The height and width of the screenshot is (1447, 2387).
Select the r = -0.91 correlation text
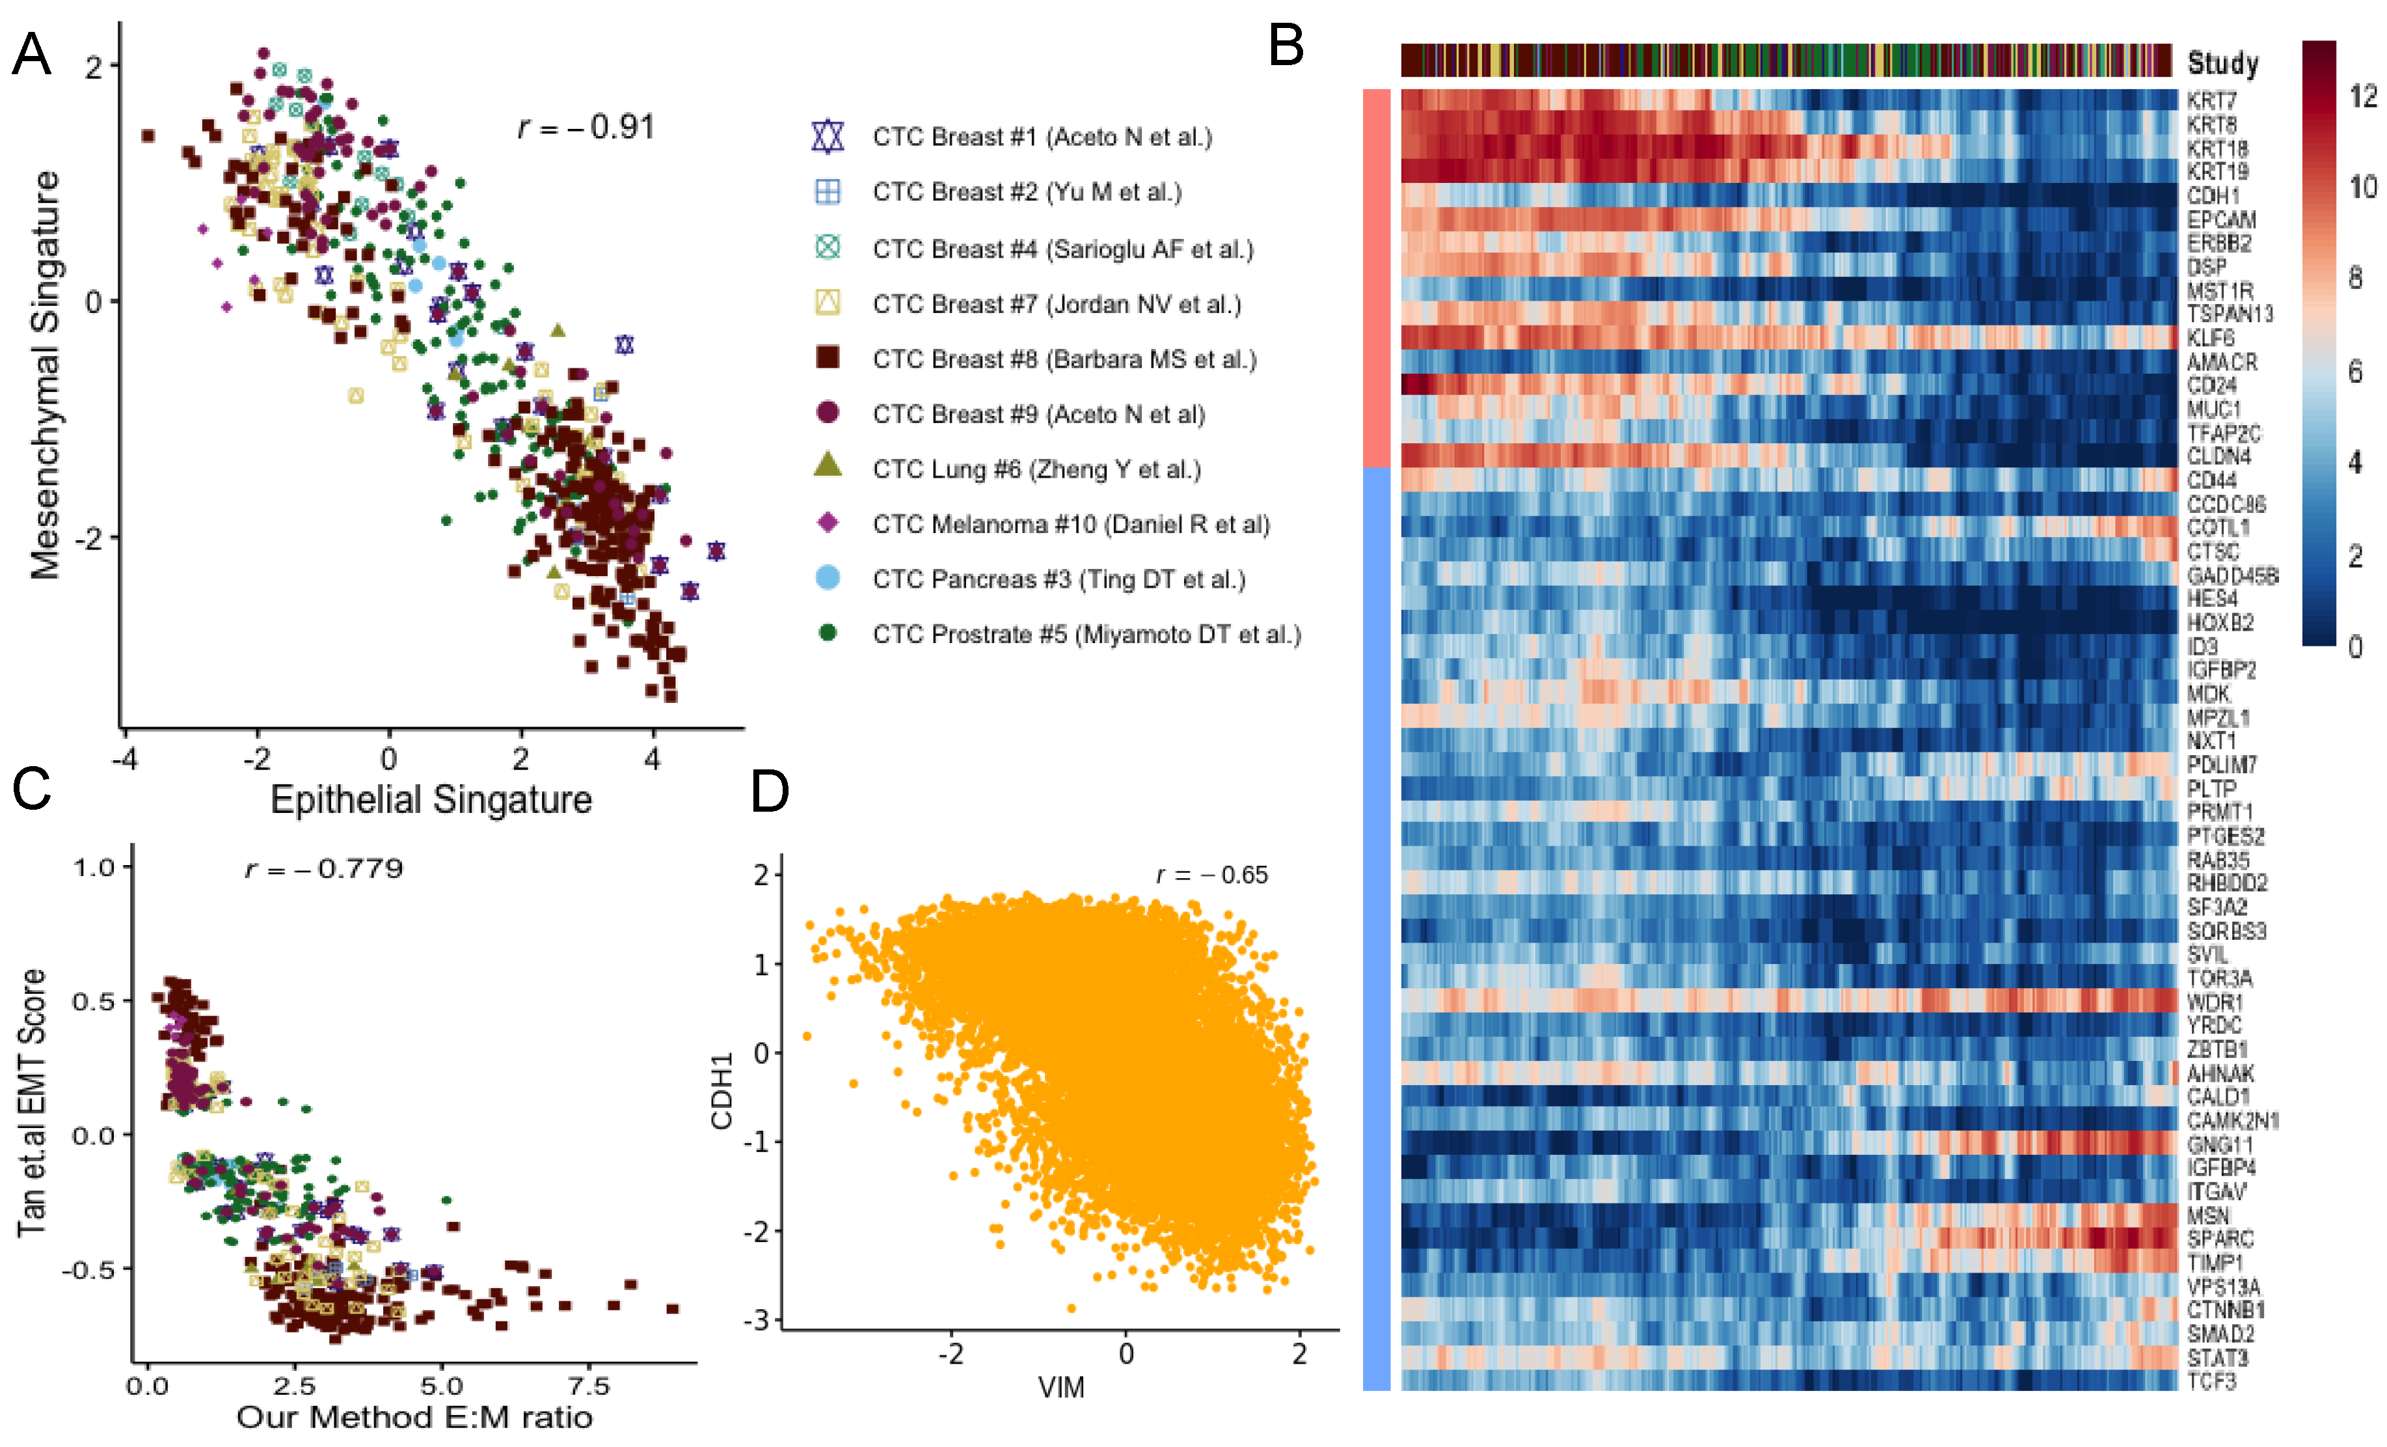[x=587, y=127]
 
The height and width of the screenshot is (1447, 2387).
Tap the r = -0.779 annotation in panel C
[x=323, y=868]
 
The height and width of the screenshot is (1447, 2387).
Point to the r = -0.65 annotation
[x=1211, y=875]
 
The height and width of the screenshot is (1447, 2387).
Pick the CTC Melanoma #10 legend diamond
[x=828, y=523]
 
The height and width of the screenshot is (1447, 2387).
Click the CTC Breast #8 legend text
[x=1064, y=359]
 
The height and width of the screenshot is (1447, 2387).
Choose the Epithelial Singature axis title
[x=431, y=799]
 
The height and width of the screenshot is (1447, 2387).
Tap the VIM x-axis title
[x=1061, y=1387]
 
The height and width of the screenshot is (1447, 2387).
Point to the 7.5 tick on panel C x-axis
[x=588, y=1386]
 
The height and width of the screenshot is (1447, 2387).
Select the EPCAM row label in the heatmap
[x=2221, y=220]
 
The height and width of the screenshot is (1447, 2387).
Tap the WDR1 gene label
[x=2215, y=1001]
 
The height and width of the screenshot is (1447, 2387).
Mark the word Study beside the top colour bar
[x=2222, y=63]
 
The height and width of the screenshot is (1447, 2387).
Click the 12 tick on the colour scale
[x=2362, y=96]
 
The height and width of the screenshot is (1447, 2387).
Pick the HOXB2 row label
[x=2219, y=622]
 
